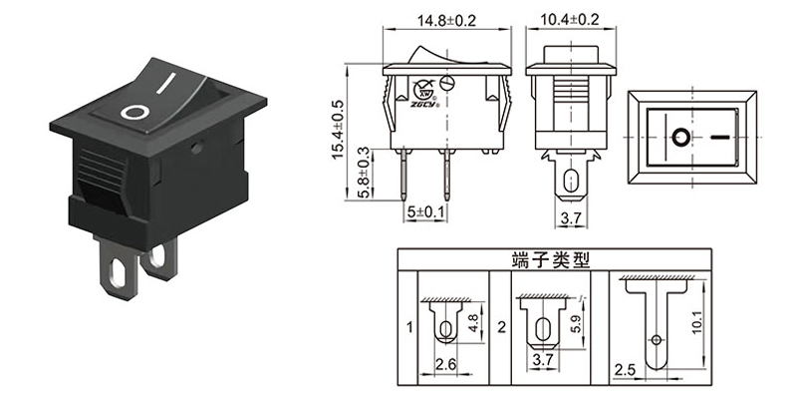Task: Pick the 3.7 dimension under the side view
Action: pyautogui.click(x=566, y=216)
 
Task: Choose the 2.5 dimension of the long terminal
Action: pyautogui.click(x=626, y=371)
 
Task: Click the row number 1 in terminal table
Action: pyautogui.click(x=408, y=326)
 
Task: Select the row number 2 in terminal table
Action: pyautogui.click(x=502, y=326)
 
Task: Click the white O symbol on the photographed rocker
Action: pyautogui.click(x=133, y=110)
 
